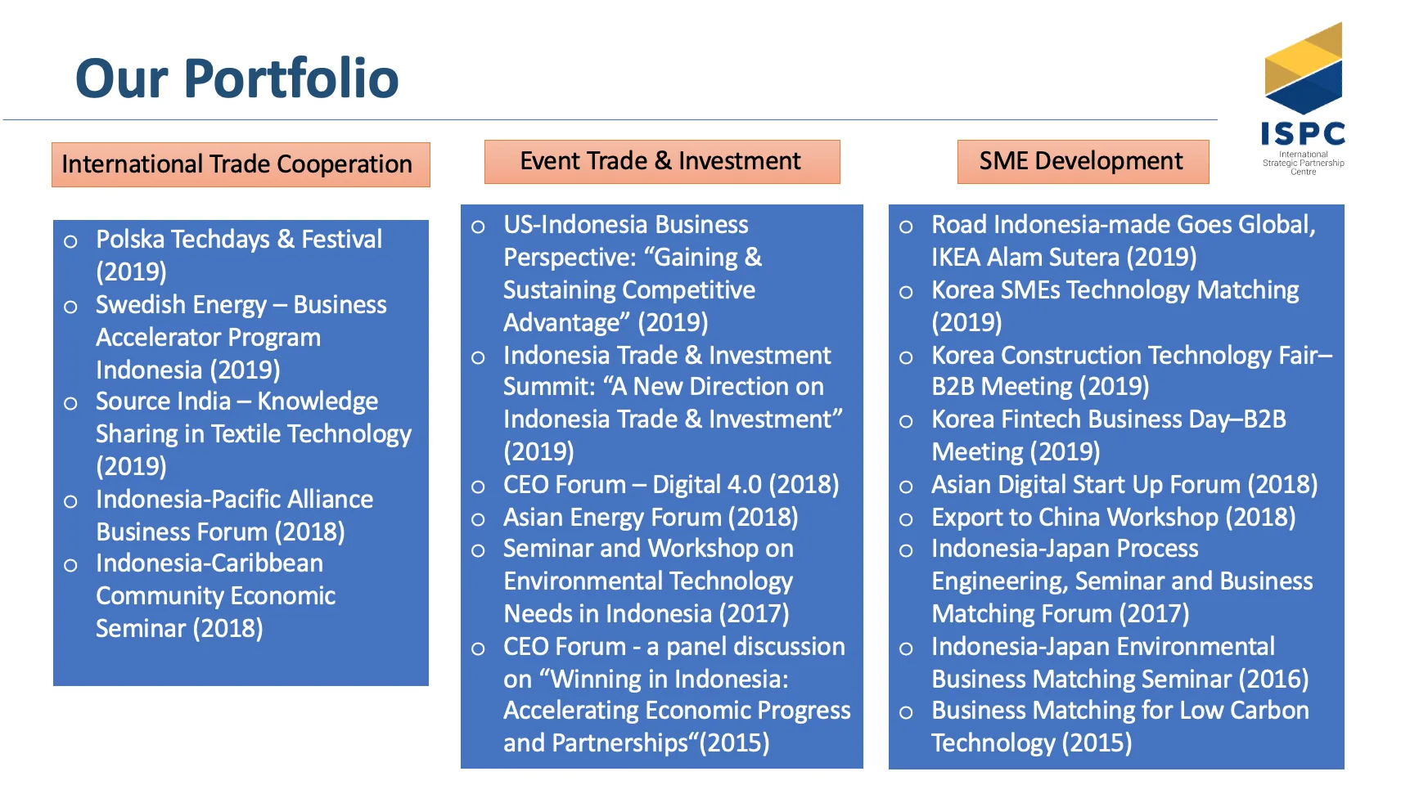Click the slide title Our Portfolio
236,79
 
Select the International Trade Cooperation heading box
241,164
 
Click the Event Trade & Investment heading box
662,161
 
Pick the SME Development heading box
1083,161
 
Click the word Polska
132,239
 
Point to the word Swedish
140,304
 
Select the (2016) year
1273,679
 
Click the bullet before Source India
71,403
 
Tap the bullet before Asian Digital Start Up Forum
906,487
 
